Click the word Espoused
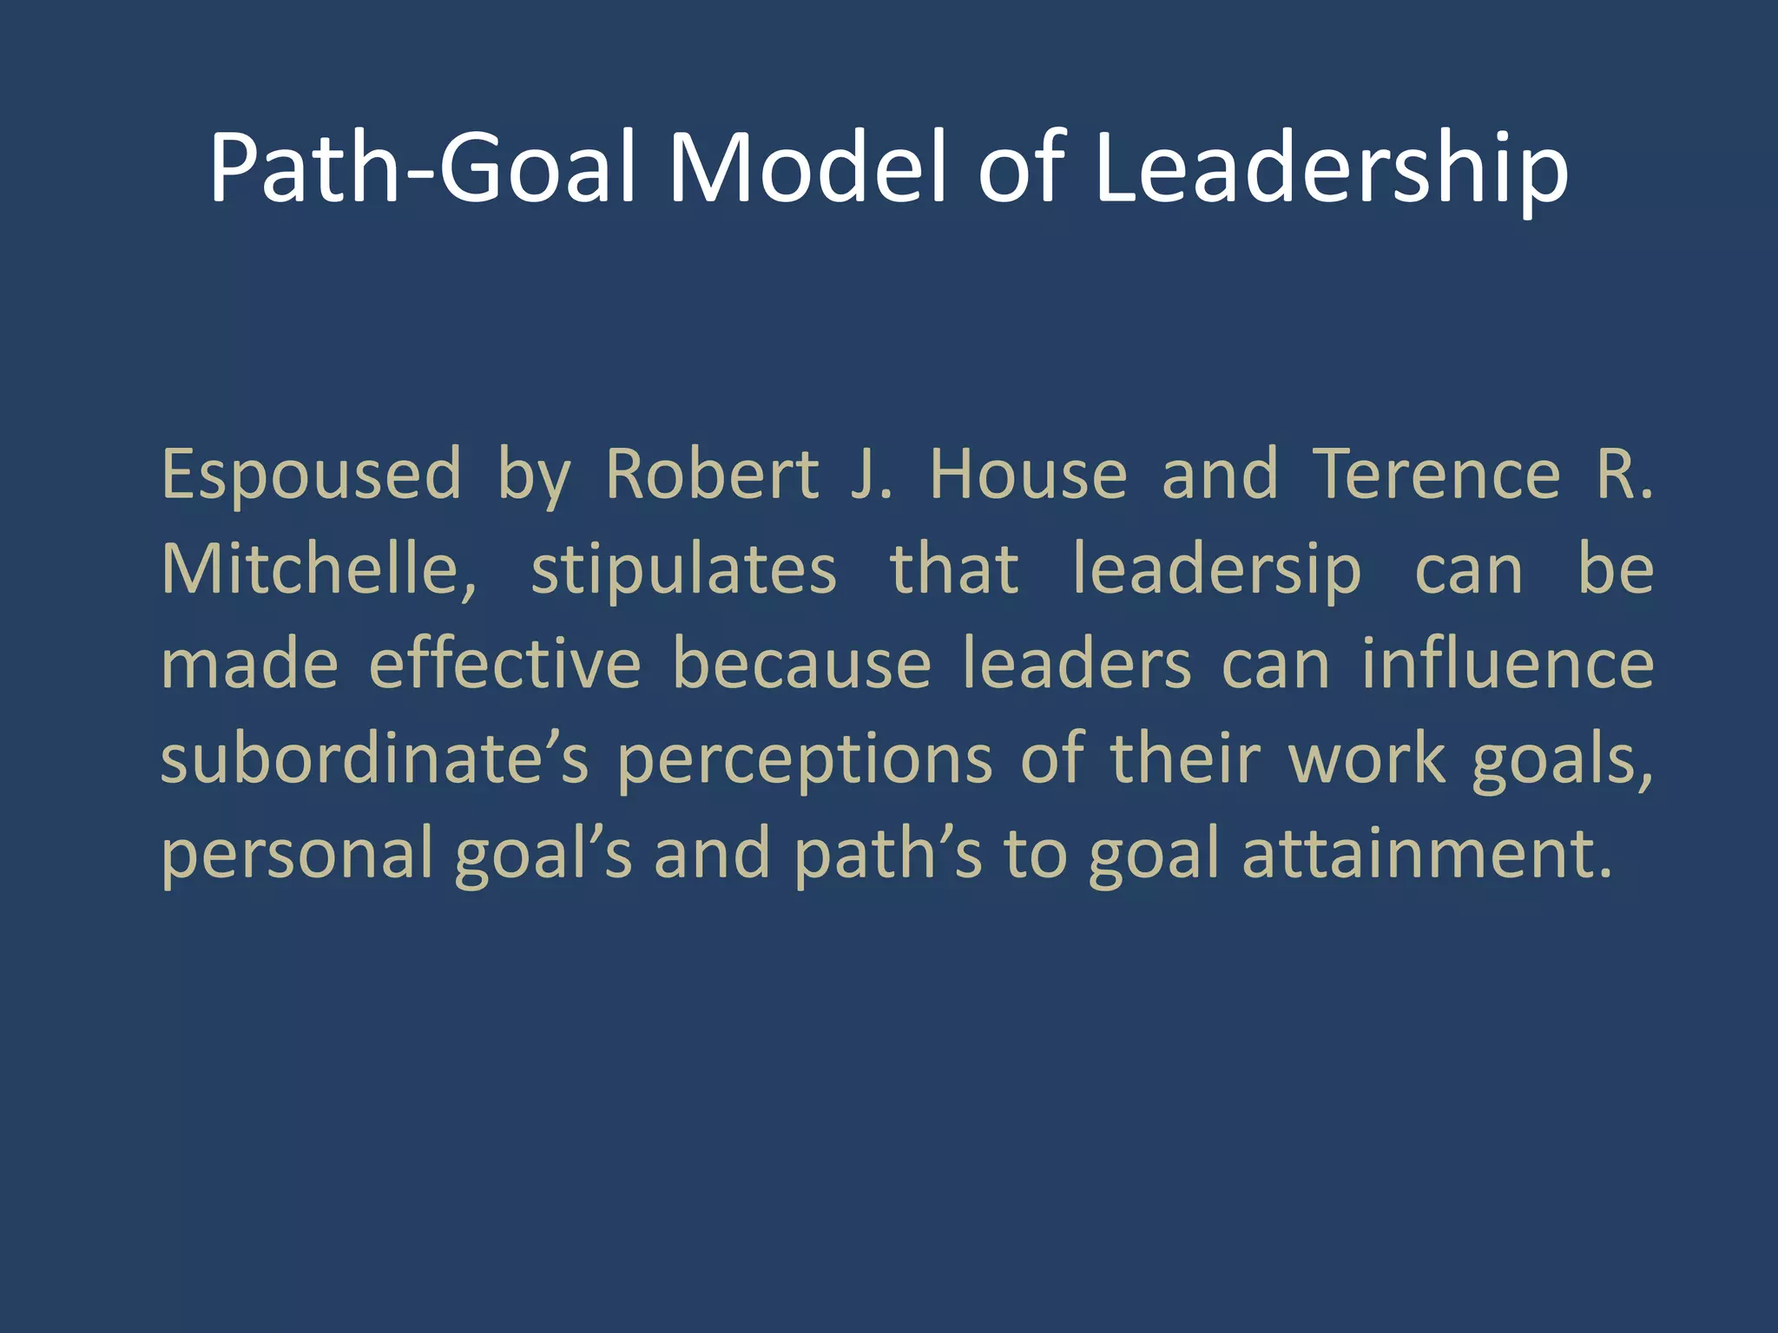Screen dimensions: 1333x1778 click(x=311, y=475)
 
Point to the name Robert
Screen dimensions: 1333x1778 click(x=712, y=475)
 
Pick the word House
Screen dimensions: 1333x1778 click(x=1028, y=475)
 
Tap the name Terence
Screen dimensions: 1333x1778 click(x=1436, y=475)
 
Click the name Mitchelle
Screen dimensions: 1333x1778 click(x=318, y=569)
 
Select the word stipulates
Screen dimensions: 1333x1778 click(x=683, y=571)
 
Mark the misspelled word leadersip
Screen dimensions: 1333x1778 click(x=1217, y=571)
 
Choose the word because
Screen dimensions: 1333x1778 click(x=802, y=665)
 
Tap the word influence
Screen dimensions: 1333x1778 click(x=1507, y=665)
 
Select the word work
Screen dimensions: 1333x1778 click(x=1366, y=759)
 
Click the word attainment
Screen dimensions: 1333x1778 click(x=1427, y=854)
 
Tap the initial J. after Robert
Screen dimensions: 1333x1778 click(x=871, y=475)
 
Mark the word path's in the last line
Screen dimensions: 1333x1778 click(x=887, y=854)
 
